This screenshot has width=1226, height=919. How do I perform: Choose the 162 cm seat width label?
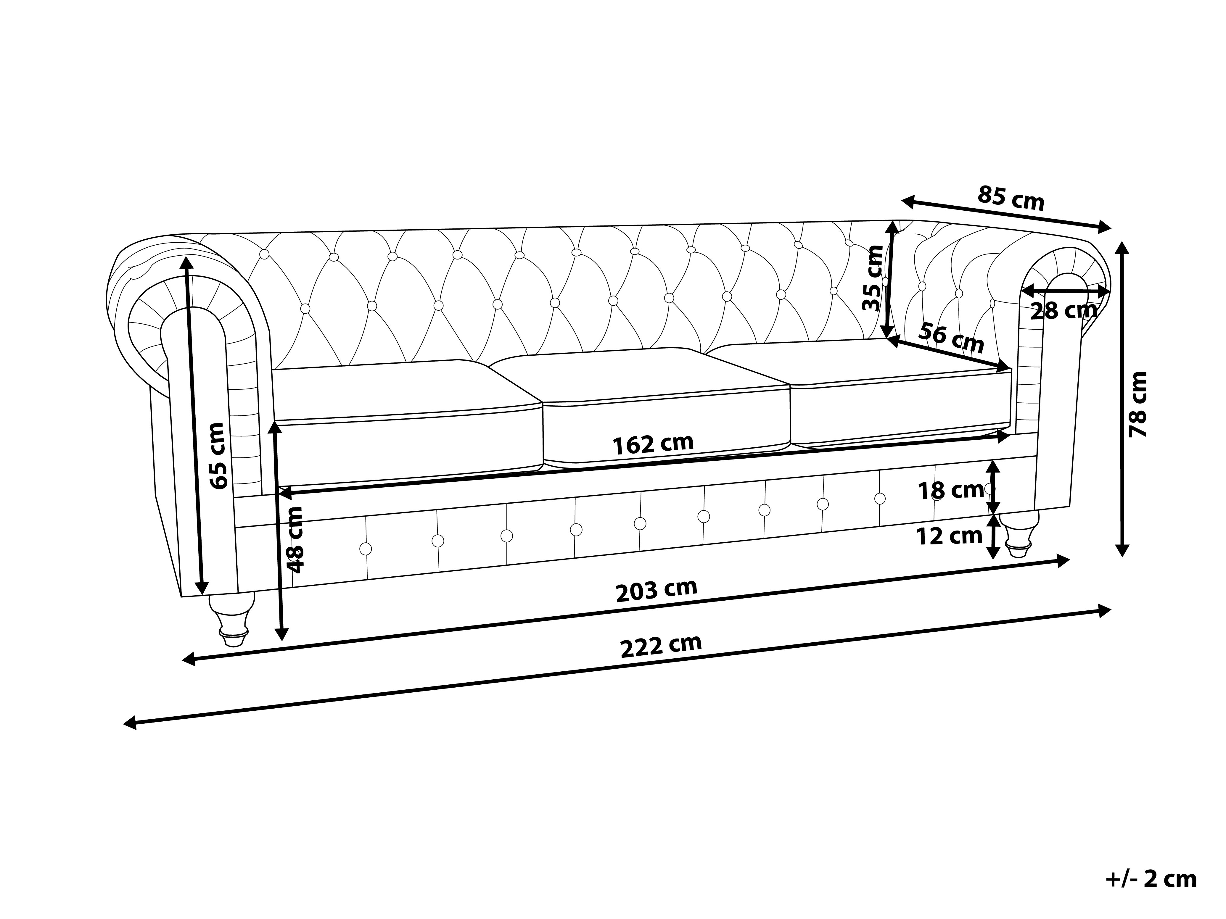coord(653,444)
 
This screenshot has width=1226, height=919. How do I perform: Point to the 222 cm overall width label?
coord(661,646)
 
